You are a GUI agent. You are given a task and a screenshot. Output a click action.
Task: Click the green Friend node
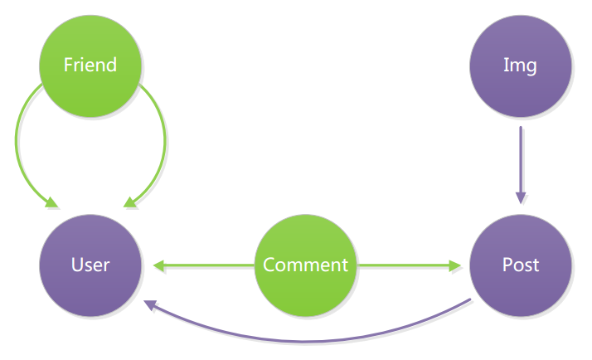pyautogui.click(x=90, y=65)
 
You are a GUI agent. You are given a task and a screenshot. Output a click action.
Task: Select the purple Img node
pyautogui.click(x=521, y=65)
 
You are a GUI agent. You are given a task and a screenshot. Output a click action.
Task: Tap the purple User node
pyautogui.click(x=90, y=265)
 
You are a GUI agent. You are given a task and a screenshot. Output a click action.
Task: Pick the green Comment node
pyautogui.click(x=305, y=265)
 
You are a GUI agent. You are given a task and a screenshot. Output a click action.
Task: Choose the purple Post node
pyautogui.click(x=521, y=265)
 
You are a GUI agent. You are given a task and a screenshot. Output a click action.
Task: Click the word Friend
pyautogui.click(x=90, y=65)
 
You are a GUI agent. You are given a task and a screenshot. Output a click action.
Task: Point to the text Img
pyautogui.click(x=521, y=65)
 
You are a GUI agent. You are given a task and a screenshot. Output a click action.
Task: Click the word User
pyautogui.click(x=90, y=265)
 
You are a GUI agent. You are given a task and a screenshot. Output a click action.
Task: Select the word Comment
pyautogui.click(x=305, y=265)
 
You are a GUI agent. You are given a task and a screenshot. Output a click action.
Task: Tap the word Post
pyautogui.click(x=521, y=265)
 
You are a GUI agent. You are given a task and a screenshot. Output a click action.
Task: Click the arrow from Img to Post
pyautogui.click(x=521, y=162)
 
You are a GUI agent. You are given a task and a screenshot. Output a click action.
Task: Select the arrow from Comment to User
pyautogui.click(x=203, y=265)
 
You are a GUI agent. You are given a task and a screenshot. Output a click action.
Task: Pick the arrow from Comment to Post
pyautogui.click(x=406, y=265)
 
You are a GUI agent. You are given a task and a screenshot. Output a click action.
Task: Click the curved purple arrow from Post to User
pyautogui.click(x=315, y=339)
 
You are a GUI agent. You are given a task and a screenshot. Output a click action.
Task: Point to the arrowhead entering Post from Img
pyautogui.click(x=521, y=197)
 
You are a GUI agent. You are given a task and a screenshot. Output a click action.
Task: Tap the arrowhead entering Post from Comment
pyautogui.click(x=455, y=265)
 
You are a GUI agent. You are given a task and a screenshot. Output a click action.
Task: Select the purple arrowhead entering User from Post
pyautogui.click(x=150, y=305)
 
